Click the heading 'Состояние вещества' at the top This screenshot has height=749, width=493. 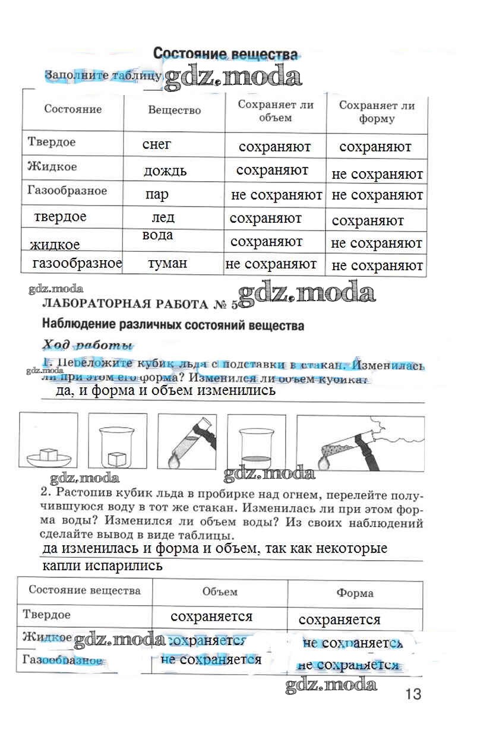point(225,54)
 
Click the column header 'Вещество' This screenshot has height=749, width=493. point(174,110)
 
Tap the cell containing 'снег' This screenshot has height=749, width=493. point(157,144)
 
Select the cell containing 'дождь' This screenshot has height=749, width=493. point(165,171)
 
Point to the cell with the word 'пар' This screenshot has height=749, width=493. point(157,195)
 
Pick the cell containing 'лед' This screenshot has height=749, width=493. point(163,218)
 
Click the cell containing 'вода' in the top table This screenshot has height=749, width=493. point(158,235)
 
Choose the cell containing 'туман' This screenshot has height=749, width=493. point(168,263)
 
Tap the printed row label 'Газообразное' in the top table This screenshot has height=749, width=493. point(67,191)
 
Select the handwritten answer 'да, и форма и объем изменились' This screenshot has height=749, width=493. point(165,390)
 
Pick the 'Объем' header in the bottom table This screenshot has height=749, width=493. point(220,592)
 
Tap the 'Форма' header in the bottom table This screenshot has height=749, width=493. point(355,593)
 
